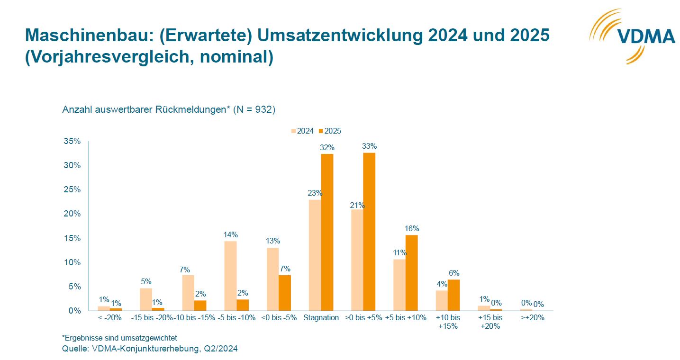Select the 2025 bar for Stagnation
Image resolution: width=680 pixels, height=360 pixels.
pyautogui.click(x=327, y=232)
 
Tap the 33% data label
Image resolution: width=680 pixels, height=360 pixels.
pyautogui.click(x=369, y=146)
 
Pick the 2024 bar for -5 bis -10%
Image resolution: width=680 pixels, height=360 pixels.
pyautogui.click(x=230, y=276)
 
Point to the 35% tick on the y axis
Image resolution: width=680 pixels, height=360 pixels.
pyautogui.click(x=72, y=141)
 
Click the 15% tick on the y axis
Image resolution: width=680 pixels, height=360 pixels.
pyautogui.click(x=72, y=238)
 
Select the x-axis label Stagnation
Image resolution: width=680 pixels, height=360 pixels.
pyautogui.click(x=321, y=318)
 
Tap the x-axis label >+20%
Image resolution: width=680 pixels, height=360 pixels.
pyautogui.click(x=533, y=318)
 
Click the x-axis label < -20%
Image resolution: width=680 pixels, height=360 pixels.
pyautogui.click(x=109, y=318)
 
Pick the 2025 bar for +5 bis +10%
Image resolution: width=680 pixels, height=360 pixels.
pyautogui.click(x=412, y=272)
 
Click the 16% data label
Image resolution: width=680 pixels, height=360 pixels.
pyautogui.click(x=412, y=228)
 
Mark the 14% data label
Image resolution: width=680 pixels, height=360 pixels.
pyautogui.click(x=230, y=234)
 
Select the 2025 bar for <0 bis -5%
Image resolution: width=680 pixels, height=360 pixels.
pyautogui.click(x=285, y=292)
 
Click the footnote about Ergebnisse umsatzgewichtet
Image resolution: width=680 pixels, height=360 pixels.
pyautogui.click(x=119, y=338)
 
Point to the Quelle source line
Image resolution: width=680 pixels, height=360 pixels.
pyautogui.click(x=150, y=349)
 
